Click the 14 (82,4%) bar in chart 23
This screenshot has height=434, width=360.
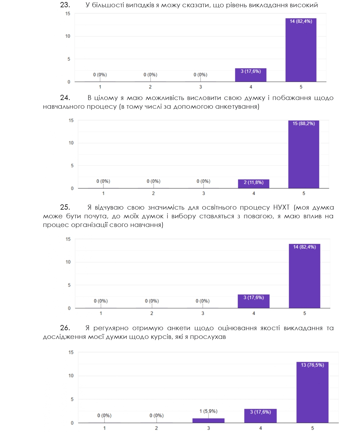click(301, 50)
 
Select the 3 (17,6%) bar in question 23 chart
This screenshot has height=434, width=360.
click(251, 75)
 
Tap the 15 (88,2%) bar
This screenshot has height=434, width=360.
click(303, 154)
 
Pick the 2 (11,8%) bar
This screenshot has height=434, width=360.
click(254, 184)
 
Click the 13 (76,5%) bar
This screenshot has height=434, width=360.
click(312, 392)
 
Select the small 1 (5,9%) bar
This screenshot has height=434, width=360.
click(208, 420)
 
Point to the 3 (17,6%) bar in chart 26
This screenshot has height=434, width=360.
click(260, 416)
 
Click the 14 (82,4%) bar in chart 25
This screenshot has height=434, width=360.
click(304, 276)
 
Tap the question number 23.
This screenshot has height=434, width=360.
click(65, 5)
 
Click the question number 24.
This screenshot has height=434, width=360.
click(65, 98)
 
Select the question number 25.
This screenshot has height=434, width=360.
click(65, 207)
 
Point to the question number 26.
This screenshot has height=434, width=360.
click(65, 328)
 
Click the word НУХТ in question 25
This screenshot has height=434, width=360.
click(281, 208)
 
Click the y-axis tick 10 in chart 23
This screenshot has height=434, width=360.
click(68, 36)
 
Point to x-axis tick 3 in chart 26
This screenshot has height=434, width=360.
click(208, 428)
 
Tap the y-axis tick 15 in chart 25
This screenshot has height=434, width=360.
click(68, 239)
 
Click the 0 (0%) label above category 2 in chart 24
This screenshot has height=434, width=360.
click(153, 181)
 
